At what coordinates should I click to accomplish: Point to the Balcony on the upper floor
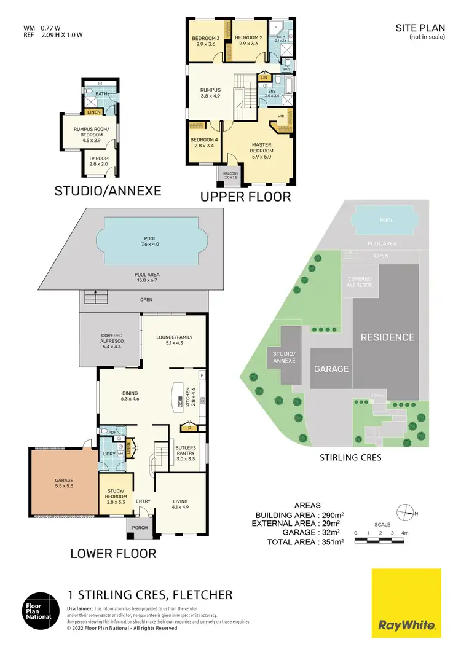point(230,176)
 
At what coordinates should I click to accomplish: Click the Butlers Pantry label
point(185,452)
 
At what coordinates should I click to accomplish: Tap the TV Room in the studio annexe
point(98,161)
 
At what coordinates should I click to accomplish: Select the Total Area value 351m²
point(332,542)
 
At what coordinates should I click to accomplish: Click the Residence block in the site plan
point(387,337)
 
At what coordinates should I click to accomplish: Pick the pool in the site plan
point(385,221)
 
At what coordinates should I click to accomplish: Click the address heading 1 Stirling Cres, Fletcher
point(149,594)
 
